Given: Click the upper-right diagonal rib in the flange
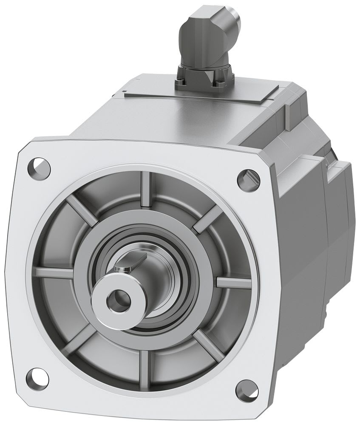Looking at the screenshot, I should pyautogui.click(x=208, y=219).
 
